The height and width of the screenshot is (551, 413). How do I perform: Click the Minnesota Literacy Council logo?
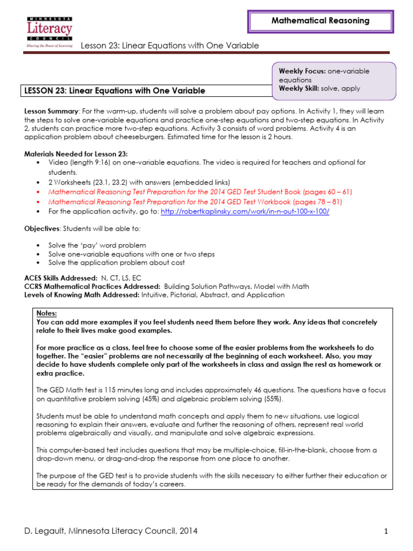tap(49, 32)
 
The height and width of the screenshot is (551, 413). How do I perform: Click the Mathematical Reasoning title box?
tap(320, 21)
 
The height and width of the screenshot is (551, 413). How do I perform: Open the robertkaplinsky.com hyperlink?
tap(245, 211)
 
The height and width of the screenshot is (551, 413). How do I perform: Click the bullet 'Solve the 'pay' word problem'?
tap(97, 245)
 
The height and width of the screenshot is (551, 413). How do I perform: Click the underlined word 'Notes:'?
tap(46, 313)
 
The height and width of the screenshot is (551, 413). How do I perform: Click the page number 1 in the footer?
tap(386, 532)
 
